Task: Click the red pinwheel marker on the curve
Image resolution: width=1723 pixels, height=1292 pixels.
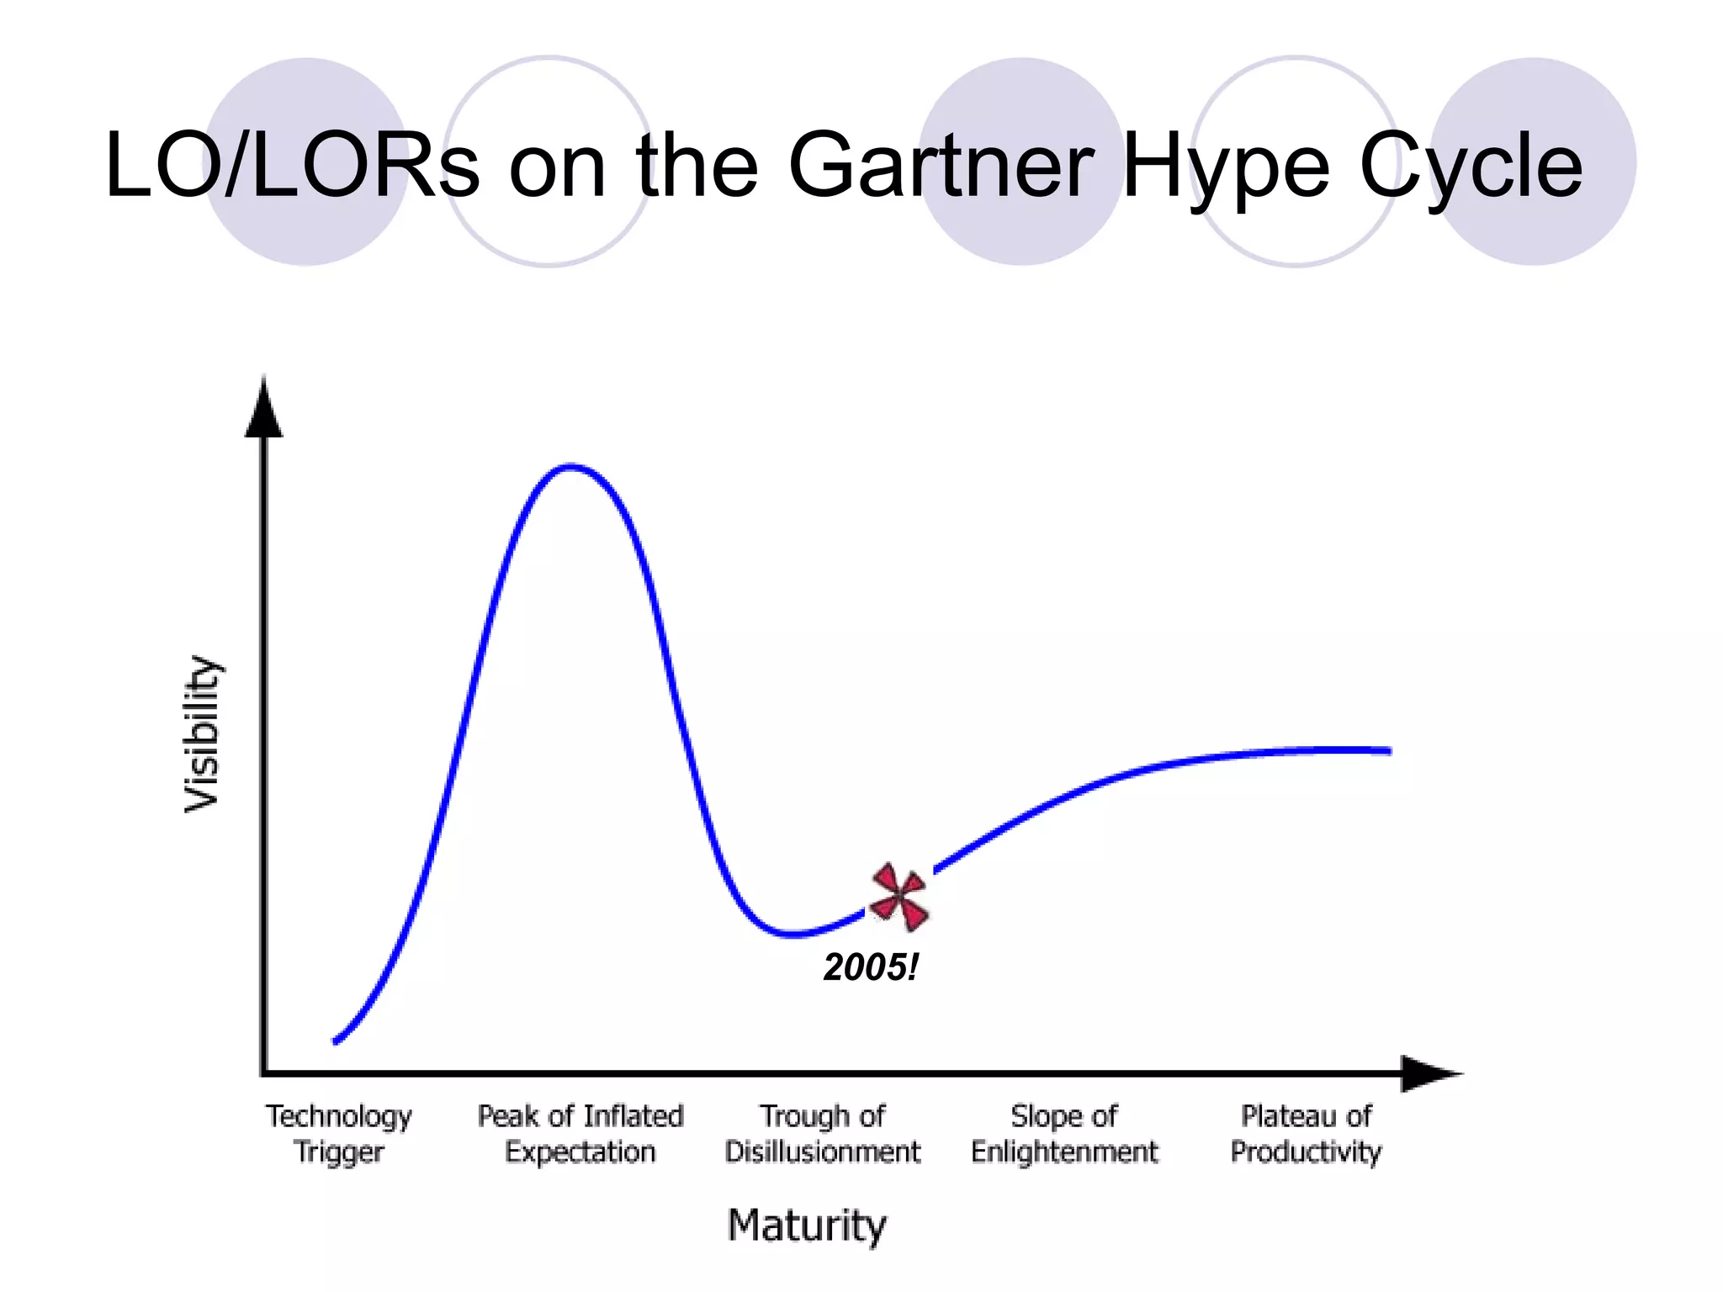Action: tap(899, 897)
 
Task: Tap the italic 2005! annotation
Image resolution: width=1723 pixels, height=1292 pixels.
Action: tap(870, 967)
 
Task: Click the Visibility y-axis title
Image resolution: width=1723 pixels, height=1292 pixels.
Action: tap(202, 734)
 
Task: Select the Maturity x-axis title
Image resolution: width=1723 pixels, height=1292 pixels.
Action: tap(806, 1226)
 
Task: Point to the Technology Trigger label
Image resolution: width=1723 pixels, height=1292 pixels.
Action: tap(339, 1133)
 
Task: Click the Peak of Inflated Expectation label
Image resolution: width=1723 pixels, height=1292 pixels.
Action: tap(581, 1133)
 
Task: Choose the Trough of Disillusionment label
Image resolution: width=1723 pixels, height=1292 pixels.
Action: tap(822, 1133)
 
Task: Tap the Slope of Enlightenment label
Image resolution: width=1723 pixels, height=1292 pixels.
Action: tap(1064, 1133)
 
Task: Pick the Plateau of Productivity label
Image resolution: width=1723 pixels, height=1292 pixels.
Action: tap(1306, 1133)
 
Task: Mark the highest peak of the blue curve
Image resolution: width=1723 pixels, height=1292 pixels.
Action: tap(570, 466)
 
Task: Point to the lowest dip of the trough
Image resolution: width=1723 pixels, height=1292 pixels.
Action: tap(793, 934)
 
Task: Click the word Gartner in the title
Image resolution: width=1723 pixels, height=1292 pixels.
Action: tap(941, 165)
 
